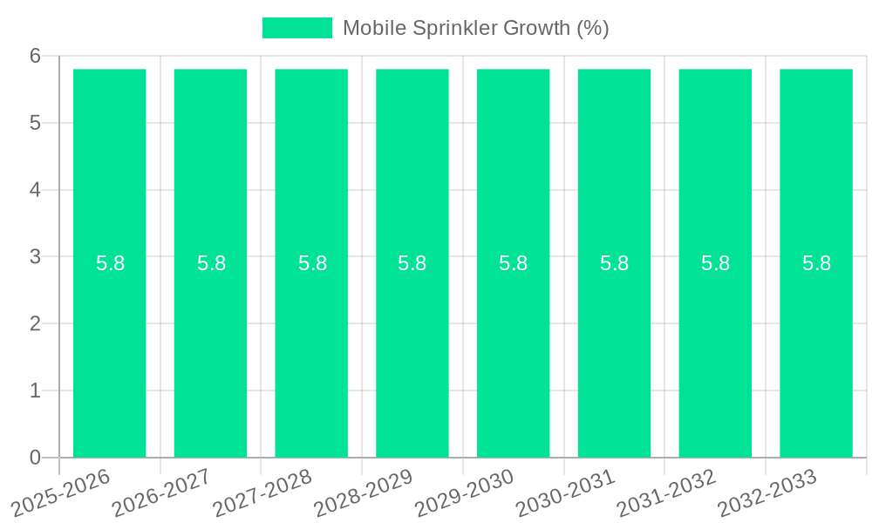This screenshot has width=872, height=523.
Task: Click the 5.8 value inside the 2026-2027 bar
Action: click(x=211, y=263)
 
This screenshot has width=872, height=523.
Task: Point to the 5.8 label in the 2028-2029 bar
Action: click(x=412, y=263)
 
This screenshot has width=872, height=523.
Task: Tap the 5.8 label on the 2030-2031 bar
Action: click(x=615, y=263)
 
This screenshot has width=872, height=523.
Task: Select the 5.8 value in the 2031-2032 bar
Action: click(x=716, y=263)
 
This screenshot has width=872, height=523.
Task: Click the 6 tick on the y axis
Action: click(x=36, y=56)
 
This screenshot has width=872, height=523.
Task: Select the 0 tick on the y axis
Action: click(x=36, y=458)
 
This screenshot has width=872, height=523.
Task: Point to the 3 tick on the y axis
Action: click(x=36, y=257)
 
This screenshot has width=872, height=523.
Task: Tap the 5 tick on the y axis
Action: click(x=36, y=123)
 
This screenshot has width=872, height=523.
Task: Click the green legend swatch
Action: click(x=297, y=28)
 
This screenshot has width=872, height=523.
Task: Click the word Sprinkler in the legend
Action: click(x=457, y=28)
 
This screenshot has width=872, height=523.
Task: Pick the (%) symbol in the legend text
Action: click(x=593, y=28)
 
